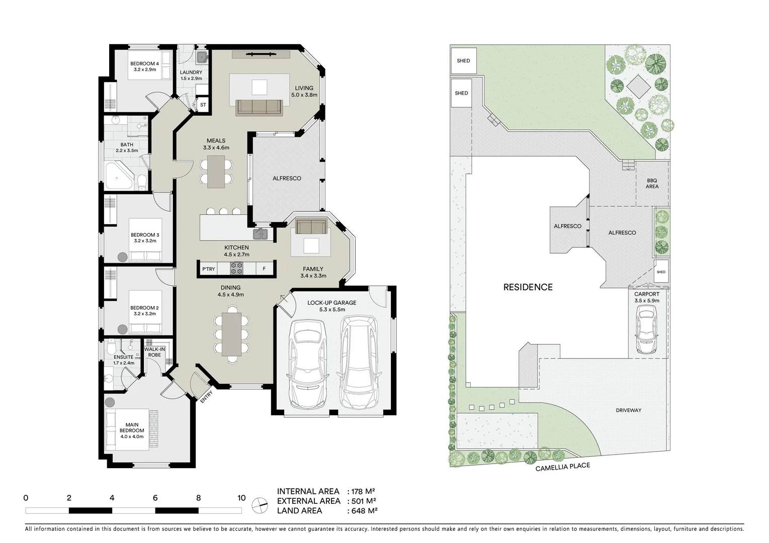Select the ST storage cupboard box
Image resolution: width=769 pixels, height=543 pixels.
[x=203, y=105]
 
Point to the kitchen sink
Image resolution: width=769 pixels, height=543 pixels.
[x=261, y=234]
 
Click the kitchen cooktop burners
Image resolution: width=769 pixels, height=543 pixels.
[x=236, y=269]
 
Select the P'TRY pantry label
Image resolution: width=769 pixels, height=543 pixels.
[x=209, y=269]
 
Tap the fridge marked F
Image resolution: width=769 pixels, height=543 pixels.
[x=264, y=269]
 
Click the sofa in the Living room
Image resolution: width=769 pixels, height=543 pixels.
[x=259, y=107]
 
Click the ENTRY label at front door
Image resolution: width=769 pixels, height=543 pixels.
[x=206, y=397]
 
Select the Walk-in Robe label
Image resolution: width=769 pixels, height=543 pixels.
[x=154, y=352]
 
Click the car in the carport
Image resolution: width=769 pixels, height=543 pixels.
[x=646, y=330]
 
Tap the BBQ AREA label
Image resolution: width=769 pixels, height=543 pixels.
[x=652, y=184]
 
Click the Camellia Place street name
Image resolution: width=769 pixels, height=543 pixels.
[x=562, y=467]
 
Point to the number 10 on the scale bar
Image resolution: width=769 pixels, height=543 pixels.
[x=241, y=498]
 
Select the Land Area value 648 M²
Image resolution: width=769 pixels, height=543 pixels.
[x=364, y=510]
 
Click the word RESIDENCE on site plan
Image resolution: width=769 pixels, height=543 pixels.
[x=528, y=287]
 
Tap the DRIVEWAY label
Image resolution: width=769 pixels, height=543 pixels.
[x=628, y=410]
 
